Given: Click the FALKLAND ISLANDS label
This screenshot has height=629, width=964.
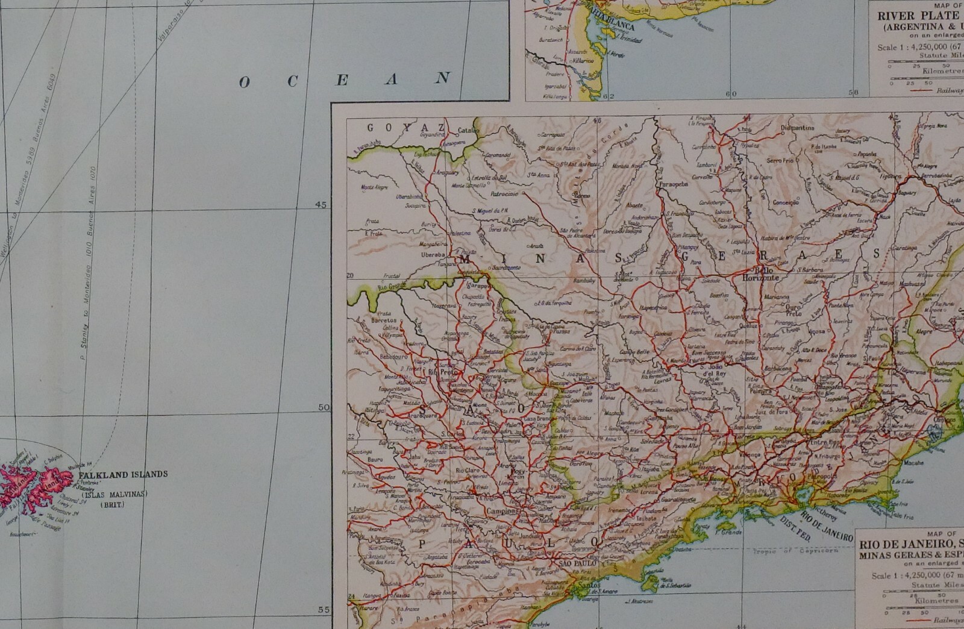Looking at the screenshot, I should pos(123,474).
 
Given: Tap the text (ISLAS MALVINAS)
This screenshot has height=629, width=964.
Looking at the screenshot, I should pos(113,495).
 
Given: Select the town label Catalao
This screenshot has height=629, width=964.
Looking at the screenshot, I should pos(468,130).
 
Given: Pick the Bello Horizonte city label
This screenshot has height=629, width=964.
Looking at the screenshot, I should pos(761,274).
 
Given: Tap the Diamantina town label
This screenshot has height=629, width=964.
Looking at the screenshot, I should pos(797,128).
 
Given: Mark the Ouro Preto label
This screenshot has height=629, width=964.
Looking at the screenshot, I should pos(793,310).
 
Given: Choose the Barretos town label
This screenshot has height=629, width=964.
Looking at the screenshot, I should pos(384,321).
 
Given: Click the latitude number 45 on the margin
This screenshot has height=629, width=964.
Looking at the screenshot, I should pos(321,205).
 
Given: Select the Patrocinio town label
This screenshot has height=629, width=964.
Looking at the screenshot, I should pos(504,194).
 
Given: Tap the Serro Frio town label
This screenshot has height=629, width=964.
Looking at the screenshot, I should pos(780,161).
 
